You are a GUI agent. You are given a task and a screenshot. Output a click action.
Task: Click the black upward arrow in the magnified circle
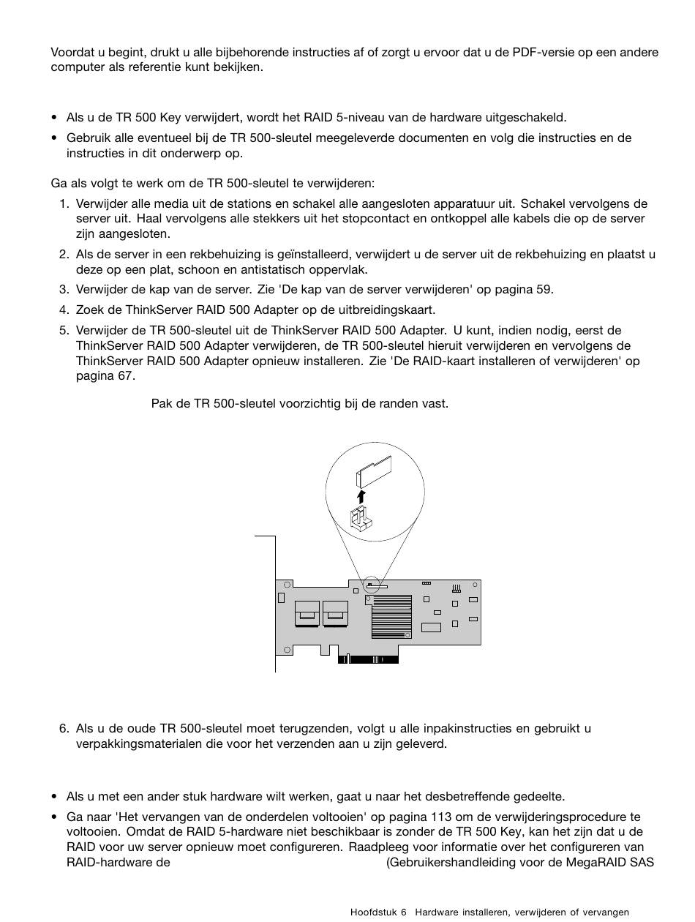pyautogui.click(x=361, y=497)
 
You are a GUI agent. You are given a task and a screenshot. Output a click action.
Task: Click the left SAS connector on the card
pyautogui.click(x=307, y=613)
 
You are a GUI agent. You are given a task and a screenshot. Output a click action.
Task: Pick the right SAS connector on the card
pyautogui.click(x=335, y=613)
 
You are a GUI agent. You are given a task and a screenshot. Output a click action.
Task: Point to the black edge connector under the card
pyautogui.click(x=368, y=659)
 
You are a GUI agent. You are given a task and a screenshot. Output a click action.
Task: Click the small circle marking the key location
pyautogui.click(x=372, y=585)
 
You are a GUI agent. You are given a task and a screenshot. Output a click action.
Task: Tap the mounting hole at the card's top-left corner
pyautogui.click(x=288, y=585)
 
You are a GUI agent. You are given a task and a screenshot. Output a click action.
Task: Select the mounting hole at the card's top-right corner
pyautogui.click(x=476, y=585)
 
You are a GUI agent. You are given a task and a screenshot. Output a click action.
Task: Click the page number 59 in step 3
pyautogui.click(x=544, y=289)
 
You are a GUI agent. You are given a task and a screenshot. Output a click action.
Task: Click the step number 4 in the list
pyautogui.click(x=64, y=310)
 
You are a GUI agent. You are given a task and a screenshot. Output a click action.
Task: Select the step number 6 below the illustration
pyautogui.click(x=64, y=729)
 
